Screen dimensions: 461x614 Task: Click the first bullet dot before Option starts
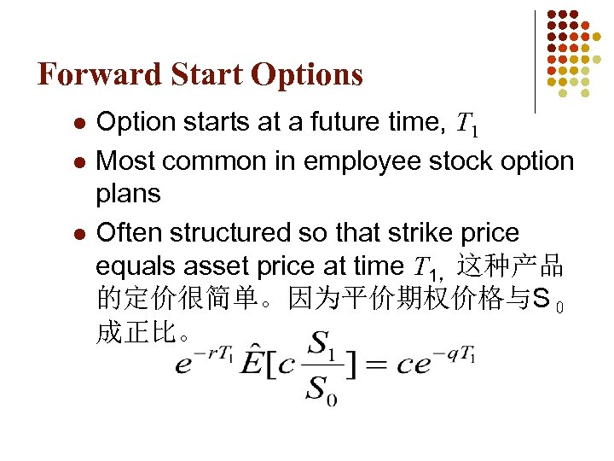point(78,124)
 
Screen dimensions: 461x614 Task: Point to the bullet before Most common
point(78,160)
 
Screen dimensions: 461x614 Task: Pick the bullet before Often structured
point(78,233)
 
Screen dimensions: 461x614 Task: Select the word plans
point(129,194)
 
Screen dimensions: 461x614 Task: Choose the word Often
point(131,232)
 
